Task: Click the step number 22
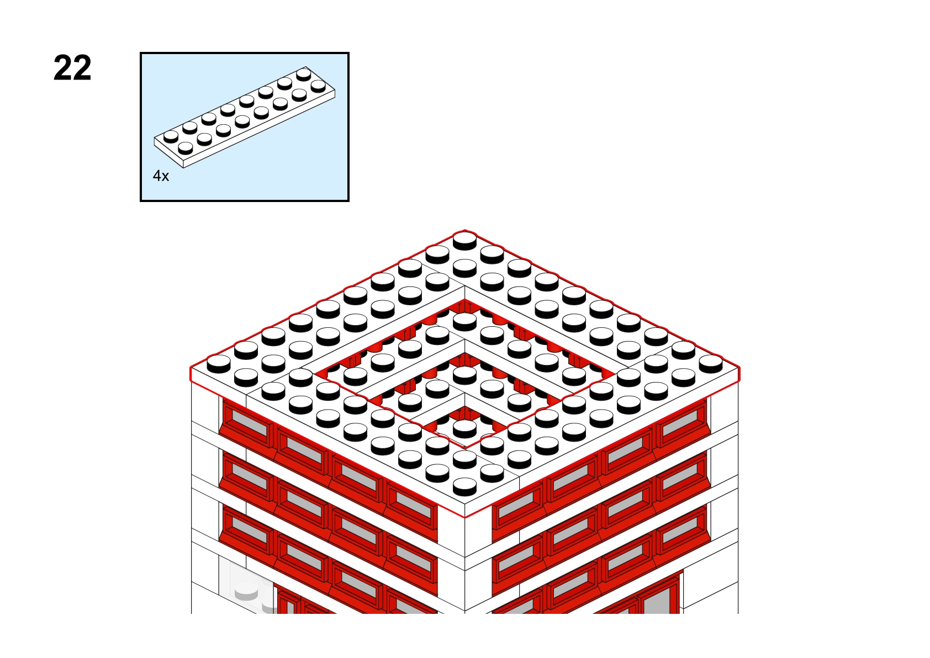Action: pyautogui.click(x=72, y=68)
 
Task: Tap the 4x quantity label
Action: pyautogui.click(x=161, y=176)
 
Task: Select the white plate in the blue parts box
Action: pyautogui.click(x=245, y=117)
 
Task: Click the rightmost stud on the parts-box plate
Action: pyautogui.click(x=318, y=86)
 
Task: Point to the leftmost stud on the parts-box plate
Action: pyautogui.click(x=171, y=136)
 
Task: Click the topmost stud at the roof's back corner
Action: pyautogui.click(x=464, y=241)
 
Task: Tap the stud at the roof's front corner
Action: pyautogui.click(x=464, y=486)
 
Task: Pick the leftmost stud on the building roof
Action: pyautogui.click(x=218, y=363)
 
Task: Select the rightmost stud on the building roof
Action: pyautogui.click(x=711, y=363)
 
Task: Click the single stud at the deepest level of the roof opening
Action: pyautogui.click(x=464, y=428)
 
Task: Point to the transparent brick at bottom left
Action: pyautogui.click(x=246, y=586)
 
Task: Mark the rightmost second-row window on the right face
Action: pyautogui.click(x=681, y=475)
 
